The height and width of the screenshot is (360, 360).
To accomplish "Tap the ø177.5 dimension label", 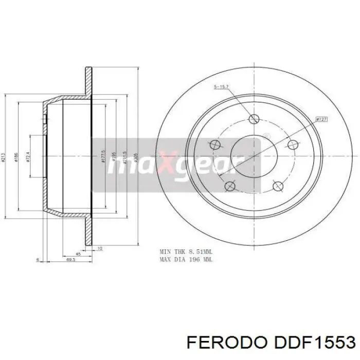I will [103, 155].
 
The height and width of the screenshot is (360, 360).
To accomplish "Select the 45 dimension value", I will [78, 253].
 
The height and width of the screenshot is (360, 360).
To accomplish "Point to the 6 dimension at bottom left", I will [38, 260].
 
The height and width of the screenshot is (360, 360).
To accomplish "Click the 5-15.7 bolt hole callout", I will [222, 87].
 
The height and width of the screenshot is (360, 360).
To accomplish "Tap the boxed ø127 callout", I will [322, 119].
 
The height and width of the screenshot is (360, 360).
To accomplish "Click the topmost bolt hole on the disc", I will [253, 119].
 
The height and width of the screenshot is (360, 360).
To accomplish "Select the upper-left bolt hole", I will [215, 145].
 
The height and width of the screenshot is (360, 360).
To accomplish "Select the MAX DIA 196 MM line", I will [185, 260].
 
